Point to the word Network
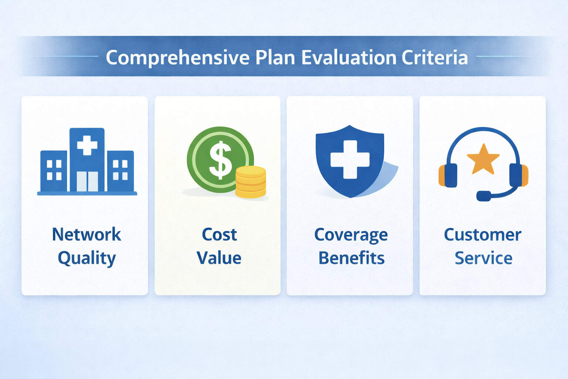87,234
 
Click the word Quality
87,258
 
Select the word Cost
219,234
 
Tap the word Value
219,258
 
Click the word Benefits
351,258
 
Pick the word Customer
483,234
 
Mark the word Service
483,258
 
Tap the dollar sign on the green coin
220,160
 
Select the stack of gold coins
251,182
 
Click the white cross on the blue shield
350,159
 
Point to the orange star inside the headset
483,159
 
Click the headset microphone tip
484,195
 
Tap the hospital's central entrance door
87,181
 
